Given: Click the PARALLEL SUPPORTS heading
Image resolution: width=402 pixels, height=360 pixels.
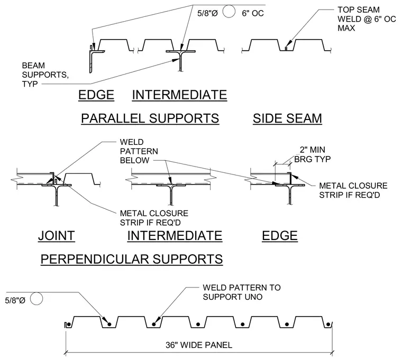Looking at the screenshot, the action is (150, 118).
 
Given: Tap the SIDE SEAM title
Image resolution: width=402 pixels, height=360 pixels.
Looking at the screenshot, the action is (287, 118).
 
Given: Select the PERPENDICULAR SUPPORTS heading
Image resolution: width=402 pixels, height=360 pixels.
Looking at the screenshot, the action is (132, 259).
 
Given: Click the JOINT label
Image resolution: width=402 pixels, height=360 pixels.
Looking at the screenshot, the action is (57, 235).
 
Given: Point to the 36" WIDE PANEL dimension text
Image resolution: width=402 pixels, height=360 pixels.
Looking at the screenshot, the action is (199, 345).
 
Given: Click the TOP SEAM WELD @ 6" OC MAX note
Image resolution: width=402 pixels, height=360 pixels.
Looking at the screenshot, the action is (367, 19).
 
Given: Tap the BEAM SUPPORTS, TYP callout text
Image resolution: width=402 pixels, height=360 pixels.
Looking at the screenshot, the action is (45, 75).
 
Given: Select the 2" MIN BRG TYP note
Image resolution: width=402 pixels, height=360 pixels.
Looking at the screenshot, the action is (313, 154).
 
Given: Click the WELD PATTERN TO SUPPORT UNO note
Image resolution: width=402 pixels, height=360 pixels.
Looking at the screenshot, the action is (242, 292).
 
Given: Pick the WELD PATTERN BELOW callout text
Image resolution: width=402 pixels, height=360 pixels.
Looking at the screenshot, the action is (139, 151).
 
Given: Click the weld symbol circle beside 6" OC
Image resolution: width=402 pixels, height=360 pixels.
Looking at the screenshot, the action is (229, 11).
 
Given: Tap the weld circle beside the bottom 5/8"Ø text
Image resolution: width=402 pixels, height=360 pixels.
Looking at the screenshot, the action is (36, 299).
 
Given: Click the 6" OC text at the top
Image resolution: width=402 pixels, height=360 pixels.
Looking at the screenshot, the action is (253, 13).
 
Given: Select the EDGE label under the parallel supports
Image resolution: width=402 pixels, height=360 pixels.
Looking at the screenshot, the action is (96, 95).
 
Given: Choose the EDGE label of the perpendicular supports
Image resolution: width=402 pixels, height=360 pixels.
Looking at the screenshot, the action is (280, 235).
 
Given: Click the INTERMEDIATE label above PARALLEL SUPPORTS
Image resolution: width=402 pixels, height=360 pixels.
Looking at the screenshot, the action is (179, 95).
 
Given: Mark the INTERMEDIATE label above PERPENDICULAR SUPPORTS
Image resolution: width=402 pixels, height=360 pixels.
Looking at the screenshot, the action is (175, 235).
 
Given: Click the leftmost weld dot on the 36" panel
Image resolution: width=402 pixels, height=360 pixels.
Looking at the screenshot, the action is (109, 325).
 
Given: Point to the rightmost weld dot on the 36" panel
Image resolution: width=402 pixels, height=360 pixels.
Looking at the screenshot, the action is (328, 325).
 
